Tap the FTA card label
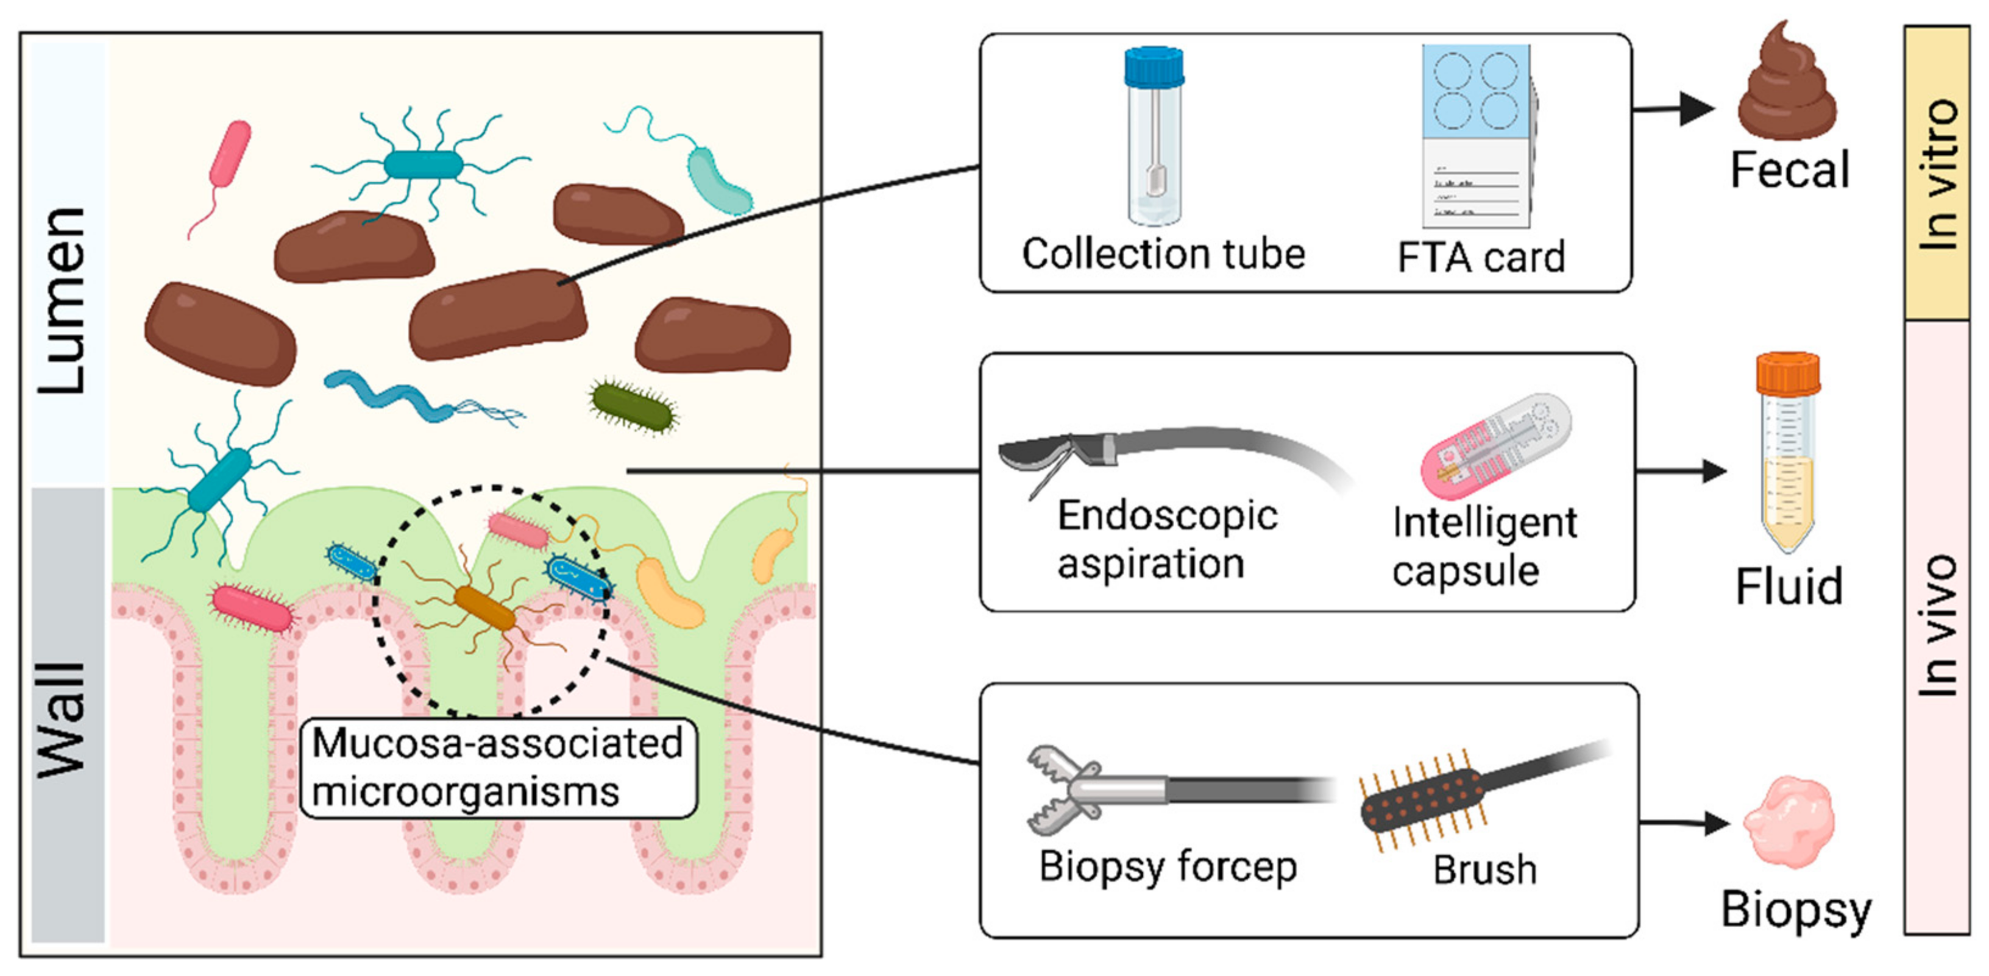pyautogui.click(x=1480, y=257)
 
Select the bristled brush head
pyautogui.click(x=1420, y=799)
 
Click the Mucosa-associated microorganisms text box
pyautogui.click(x=498, y=768)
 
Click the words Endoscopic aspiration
pyautogui.click(x=1166, y=539)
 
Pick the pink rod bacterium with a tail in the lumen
pyautogui.click(x=230, y=154)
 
